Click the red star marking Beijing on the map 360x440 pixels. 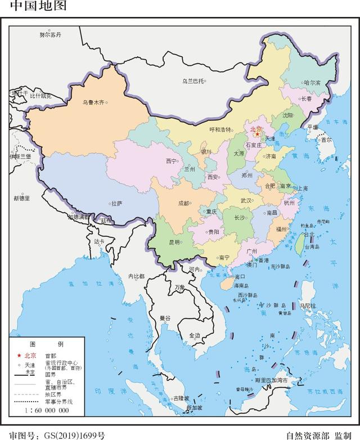click(x=257, y=134)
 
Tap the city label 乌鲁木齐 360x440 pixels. click(x=93, y=102)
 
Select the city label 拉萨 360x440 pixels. click(x=116, y=204)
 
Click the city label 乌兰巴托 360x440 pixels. click(x=192, y=81)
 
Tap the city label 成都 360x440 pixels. click(x=183, y=203)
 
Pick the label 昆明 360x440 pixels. click(x=174, y=242)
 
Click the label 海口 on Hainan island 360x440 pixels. click(x=240, y=277)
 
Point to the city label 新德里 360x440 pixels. click(x=22, y=197)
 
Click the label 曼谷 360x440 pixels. click(x=165, y=318)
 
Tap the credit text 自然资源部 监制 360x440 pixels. click(x=318, y=435)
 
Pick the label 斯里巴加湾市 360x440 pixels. click(x=271, y=380)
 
